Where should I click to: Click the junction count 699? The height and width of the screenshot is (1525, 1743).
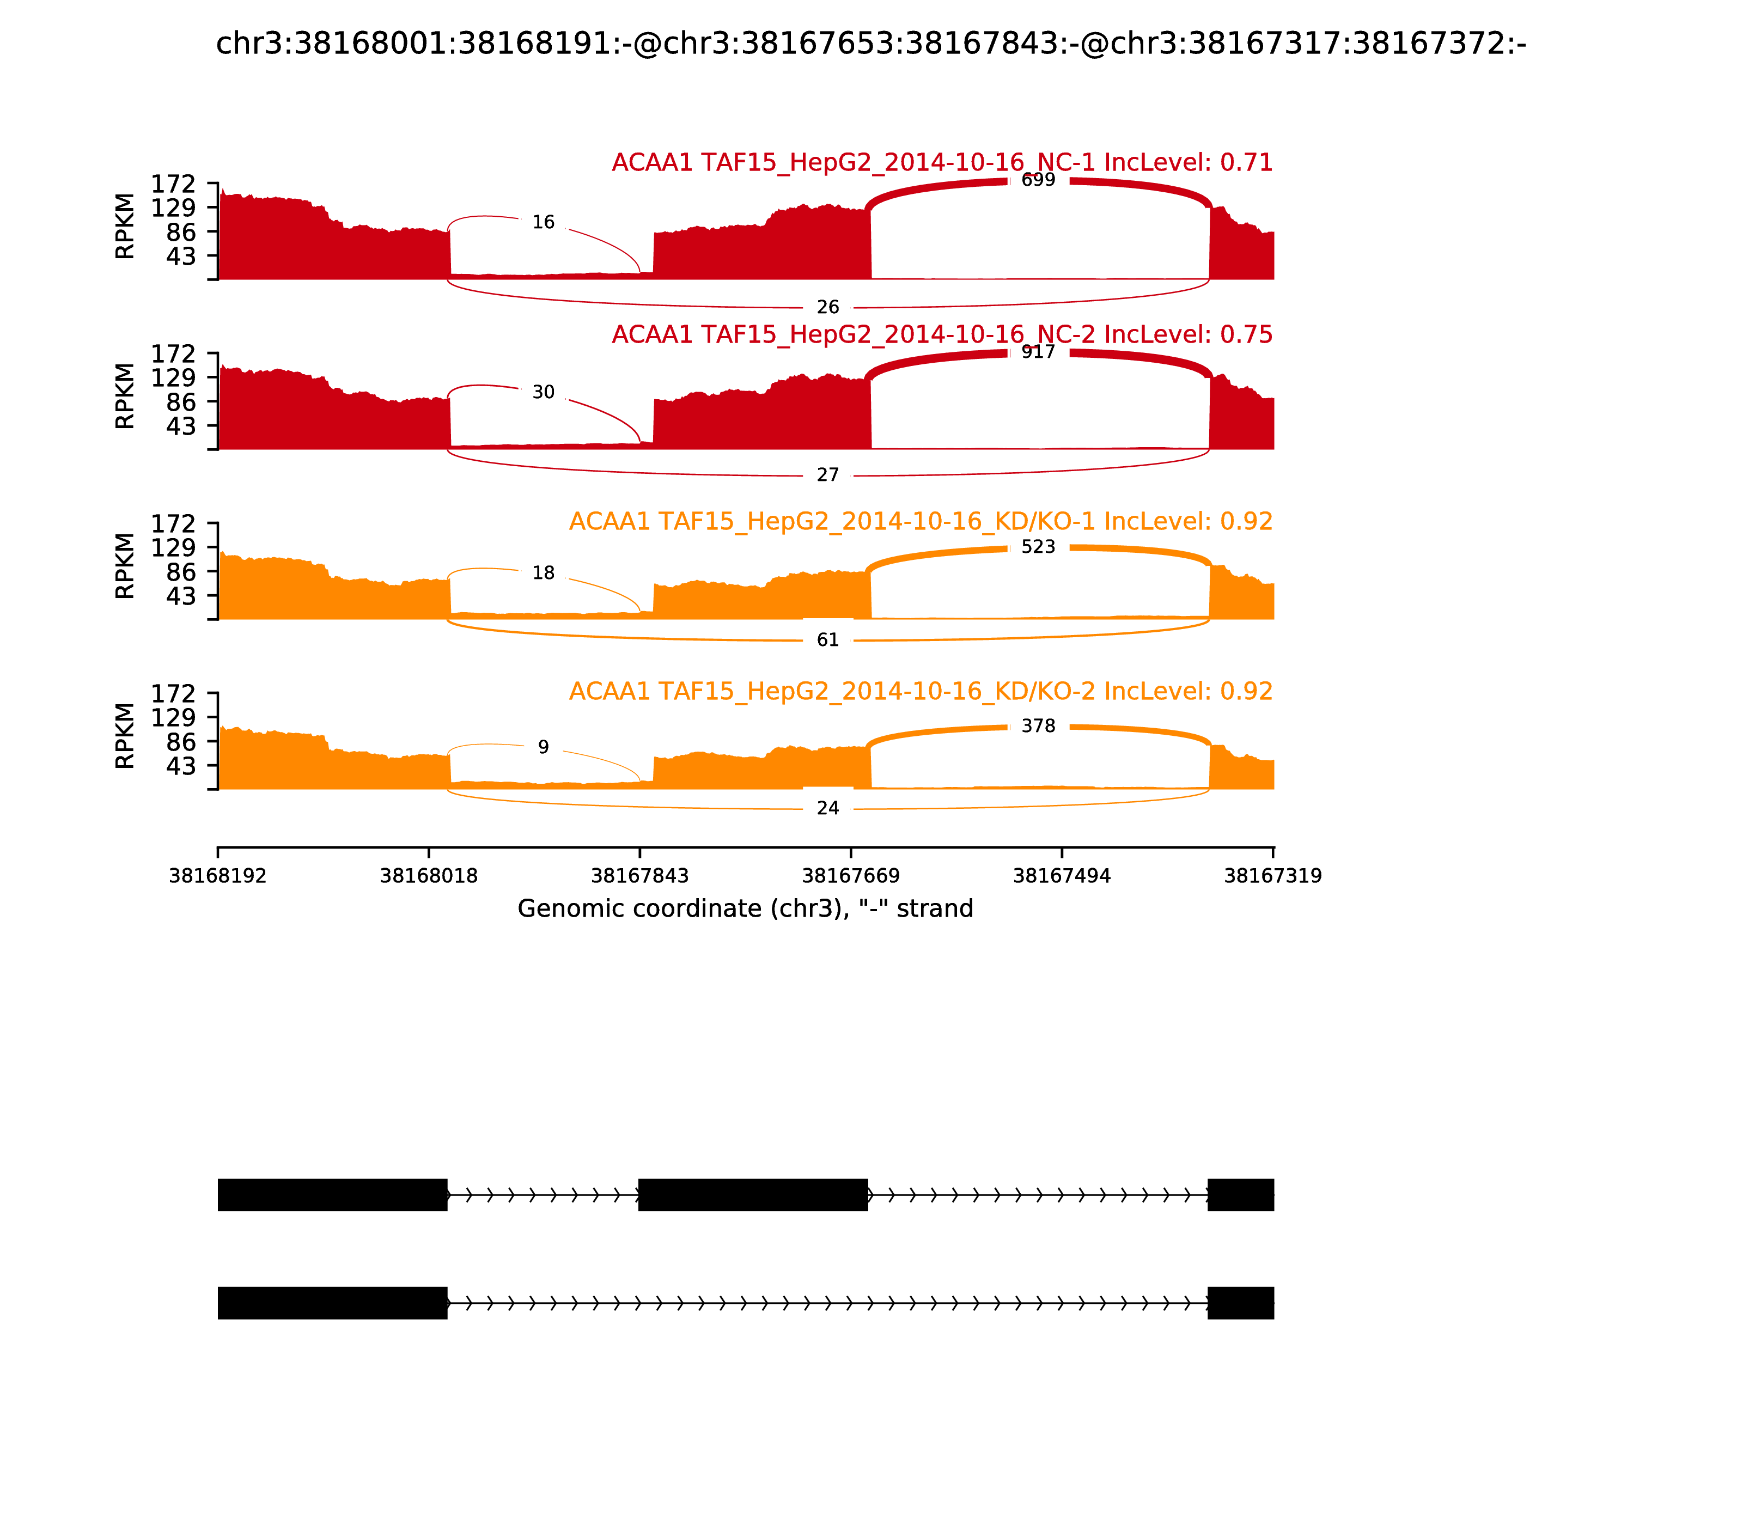pyautogui.click(x=1038, y=180)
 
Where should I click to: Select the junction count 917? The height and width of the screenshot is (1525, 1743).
pyautogui.click(x=1038, y=352)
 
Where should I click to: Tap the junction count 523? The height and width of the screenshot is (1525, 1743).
pyautogui.click(x=1038, y=547)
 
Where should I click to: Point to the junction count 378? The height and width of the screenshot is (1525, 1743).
pyautogui.click(x=1038, y=726)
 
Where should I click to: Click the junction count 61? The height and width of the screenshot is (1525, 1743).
pyautogui.click(x=827, y=640)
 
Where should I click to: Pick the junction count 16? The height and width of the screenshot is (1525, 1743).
pyautogui.click(x=543, y=223)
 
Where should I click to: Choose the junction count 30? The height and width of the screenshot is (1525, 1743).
pyautogui.click(x=543, y=392)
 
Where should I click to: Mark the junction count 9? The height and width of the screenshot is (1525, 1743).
pyautogui.click(x=543, y=747)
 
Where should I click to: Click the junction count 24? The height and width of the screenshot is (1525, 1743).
pyautogui.click(x=827, y=808)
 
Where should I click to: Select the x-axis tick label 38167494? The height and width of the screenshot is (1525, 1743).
pyautogui.click(x=1061, y=876)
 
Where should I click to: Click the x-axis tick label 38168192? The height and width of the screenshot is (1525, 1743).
pyautogui.click(x=218, y=876)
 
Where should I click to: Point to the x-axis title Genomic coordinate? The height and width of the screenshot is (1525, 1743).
pyautogui.click(x=745, y=909)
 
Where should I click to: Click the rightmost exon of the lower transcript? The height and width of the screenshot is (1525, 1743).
pyautogui.click(x=1240, y=1303)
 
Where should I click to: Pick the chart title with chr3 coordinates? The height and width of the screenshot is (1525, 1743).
pyautogui.click(x=870, y=44)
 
